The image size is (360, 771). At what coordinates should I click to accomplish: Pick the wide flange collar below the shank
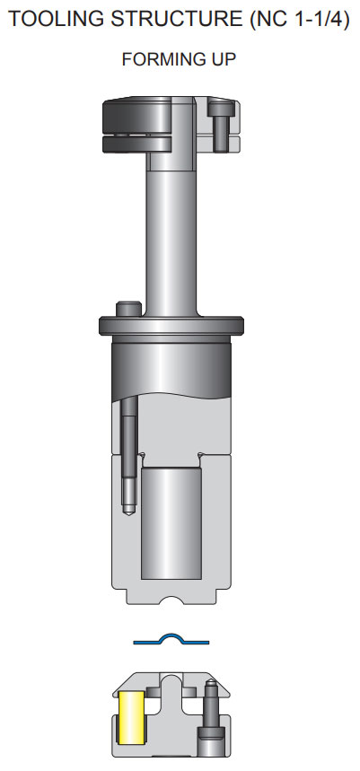(171, 325)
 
